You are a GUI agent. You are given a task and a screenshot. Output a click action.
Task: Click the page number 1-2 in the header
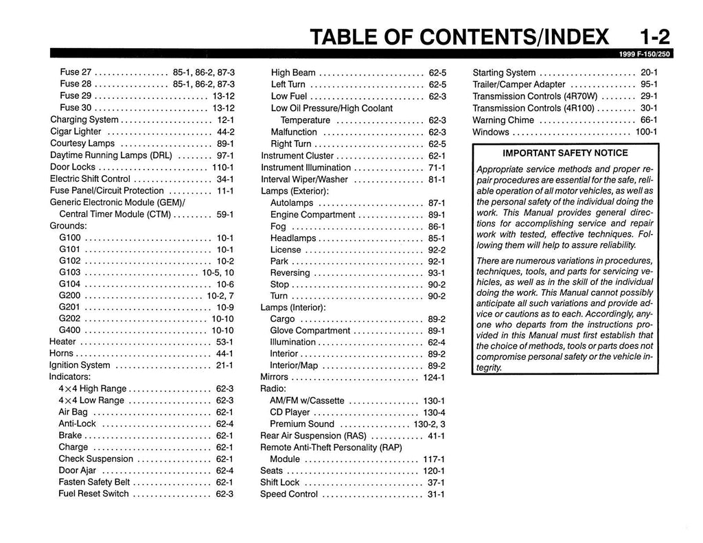click(x=654, y=36)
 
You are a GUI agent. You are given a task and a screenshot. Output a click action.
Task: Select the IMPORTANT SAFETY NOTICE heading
click(x=565, y=153)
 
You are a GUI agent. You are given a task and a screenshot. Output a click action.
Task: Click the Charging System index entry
click(x=84, y=120)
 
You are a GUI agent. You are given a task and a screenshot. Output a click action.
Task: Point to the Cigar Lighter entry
click(x=76, y=132)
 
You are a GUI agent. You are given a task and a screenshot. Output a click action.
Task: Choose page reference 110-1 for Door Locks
click(x=223, y=167)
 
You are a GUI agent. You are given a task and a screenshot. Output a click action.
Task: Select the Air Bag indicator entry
click(x=73, y=413)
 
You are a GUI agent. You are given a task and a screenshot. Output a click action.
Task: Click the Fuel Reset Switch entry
click(x=93, y=494)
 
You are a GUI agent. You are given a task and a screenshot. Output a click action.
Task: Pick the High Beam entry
click(x=293, y=73)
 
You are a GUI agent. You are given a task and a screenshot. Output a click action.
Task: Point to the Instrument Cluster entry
click(x=297, y=156)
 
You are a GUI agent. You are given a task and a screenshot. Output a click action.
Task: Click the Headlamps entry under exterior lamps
click(x=293, y=238)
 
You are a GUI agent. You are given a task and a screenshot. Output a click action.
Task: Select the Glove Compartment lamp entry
click(x=310, y=331)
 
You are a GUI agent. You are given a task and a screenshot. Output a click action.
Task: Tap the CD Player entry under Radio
click(x=290, y=413)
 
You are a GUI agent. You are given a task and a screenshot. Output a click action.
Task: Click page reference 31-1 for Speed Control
click(x=436, y=494)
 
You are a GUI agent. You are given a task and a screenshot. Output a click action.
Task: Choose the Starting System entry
click(x=505, y=73)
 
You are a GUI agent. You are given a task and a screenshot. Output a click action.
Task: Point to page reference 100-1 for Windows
click(x=646, y=132)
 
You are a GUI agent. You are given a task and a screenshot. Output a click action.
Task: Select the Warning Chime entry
click(x=503, y=120)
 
